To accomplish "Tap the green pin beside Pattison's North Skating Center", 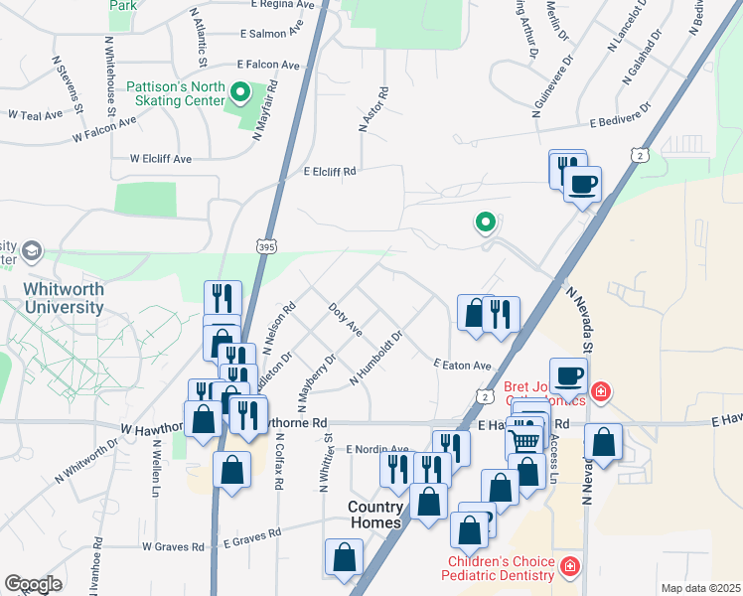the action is pyautogui.click(x=239, y=94).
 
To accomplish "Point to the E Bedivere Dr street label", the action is pyautogui.click(x=619, y=115).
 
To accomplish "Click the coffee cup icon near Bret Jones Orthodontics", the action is pyautogui.click(x=568, y=375).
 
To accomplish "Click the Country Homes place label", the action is pyautogui.click(x=374, y=515).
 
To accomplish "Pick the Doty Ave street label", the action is pyautogui.click(x=345, y=318).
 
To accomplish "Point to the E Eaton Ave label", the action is pyautogui.click(x=462, y=365).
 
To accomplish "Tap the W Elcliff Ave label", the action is pyautogui.click(x=160, y=158).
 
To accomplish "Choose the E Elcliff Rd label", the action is pyautogui.click(x=329, y=171).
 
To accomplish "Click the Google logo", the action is pyautogui.click(x=33, y=584).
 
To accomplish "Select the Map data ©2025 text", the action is pyautogui.click(x=699, y=588).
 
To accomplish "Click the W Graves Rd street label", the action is pyautogui.click(x=173, y=546).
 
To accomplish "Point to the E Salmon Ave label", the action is pyautogui.click(x=271, y=33).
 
